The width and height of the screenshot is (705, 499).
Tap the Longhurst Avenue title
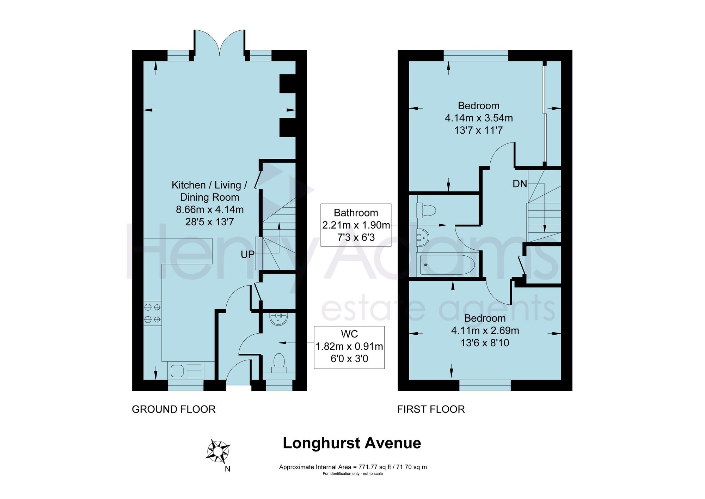pos(352,443)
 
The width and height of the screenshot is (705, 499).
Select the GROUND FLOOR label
pos(173,409)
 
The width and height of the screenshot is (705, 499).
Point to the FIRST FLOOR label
pos(431,409)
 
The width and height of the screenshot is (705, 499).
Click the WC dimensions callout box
pos(349,347)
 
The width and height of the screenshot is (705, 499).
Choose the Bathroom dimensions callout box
pos(356,225)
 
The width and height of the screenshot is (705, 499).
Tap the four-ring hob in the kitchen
pos(152,313)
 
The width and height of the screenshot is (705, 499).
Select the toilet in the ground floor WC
pos(279,363)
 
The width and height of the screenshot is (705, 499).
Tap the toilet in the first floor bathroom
pos(426,211)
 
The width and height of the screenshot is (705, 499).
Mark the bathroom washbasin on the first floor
pos(422,237)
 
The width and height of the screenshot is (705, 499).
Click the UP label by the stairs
pos(247,254)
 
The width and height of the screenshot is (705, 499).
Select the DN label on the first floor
pos(520,184)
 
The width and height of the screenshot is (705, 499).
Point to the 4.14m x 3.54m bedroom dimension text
pos(479,118)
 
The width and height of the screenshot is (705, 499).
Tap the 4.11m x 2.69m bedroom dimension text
pos(485,330)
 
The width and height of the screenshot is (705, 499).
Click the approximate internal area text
pos(353,467)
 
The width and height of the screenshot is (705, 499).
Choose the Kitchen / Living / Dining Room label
pos(210,191)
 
